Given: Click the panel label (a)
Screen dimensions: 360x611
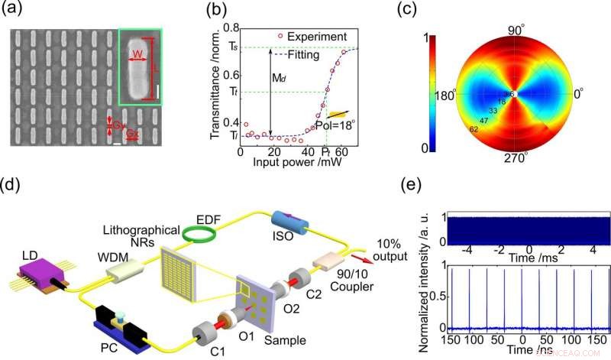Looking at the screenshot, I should [x=17, y=12].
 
